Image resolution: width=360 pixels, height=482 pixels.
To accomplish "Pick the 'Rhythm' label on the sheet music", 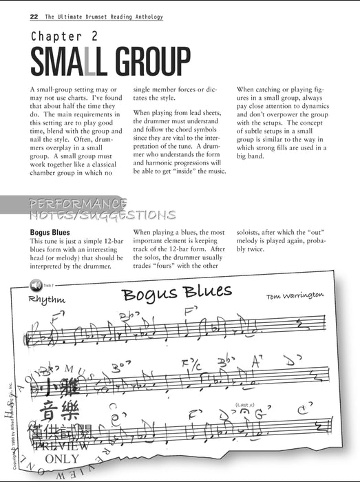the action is click(47, 300).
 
